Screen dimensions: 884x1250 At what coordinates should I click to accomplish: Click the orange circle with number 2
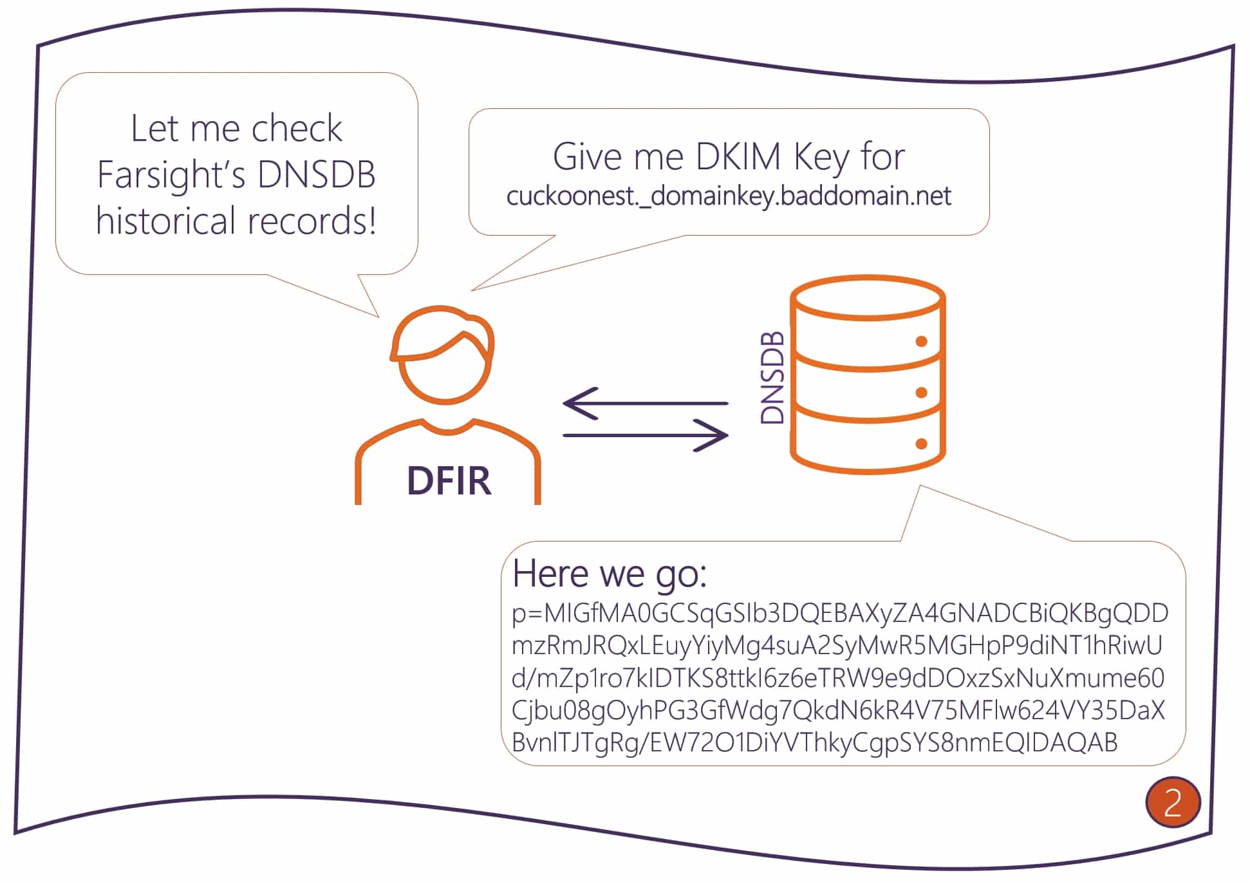pyautogui.click(x=1172, y=802)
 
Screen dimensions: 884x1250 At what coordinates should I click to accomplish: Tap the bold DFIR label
pyautogui.click(x=449, y=480)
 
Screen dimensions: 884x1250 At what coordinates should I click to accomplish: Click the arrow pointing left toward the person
pyautogui.click(x=644, y=403)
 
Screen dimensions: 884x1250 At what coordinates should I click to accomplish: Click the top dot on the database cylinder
pyautogui.click(x=921, y=341)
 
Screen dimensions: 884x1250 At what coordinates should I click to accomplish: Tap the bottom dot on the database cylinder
pyautogui.click(x=921, y=444)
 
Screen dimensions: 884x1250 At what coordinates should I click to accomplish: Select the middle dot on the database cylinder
pyautogui.click(x=921, y=393)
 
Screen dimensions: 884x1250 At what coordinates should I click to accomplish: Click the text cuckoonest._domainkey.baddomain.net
pyautogui.click(x=728, y=196)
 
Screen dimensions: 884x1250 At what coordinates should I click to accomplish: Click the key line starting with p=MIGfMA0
pyautogui.click(x=839, y=613)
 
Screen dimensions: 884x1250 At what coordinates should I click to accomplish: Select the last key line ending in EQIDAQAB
pyautogui.click(x=814, y=742)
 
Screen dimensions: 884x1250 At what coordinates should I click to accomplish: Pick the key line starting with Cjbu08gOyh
pyautogui.click(x=837, y=710)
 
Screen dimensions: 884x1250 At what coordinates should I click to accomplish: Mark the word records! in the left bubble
pyautogui.click(x=312, y=221)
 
